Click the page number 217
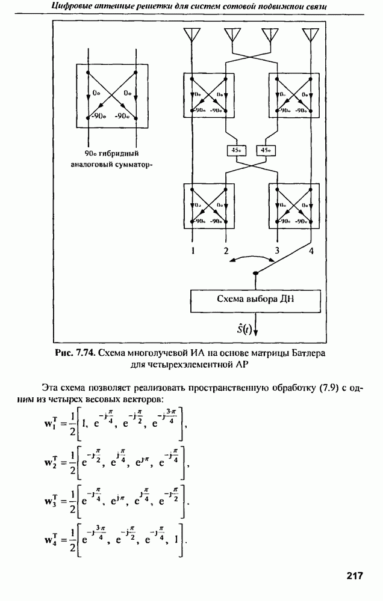point(355,576)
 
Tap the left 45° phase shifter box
point(233,150)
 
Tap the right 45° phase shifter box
point(264,150)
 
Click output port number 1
point(193,250)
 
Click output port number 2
point(226,250)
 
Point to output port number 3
point(278,250)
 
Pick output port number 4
point(311,250)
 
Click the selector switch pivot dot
point(255,273)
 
